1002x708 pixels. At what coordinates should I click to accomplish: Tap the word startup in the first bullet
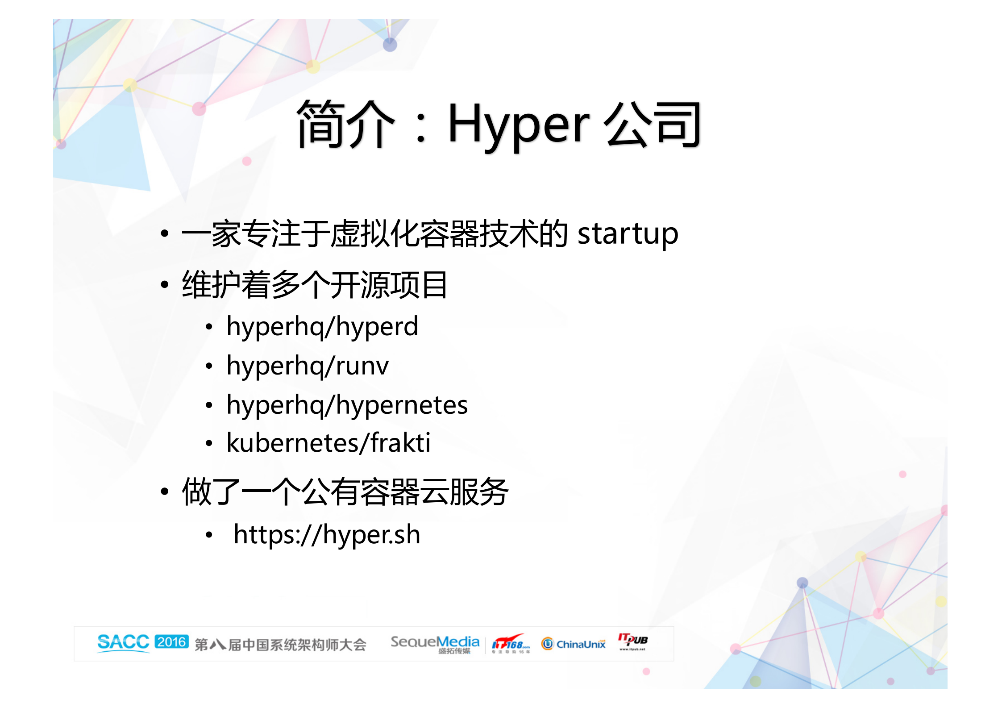point(628,234)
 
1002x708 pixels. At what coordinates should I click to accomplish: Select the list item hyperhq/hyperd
point(322,327)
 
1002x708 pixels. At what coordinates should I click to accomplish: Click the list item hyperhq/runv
point(308,366)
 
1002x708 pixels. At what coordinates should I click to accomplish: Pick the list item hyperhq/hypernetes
point(347,405)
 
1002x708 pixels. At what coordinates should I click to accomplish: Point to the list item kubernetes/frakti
point(328,443)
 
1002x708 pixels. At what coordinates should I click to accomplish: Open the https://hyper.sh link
point(327,535)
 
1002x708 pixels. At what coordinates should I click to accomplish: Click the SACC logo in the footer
point(123,643)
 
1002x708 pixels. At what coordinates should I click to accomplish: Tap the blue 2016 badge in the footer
point(172,642)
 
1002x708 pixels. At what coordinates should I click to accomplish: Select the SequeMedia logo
point(435,644)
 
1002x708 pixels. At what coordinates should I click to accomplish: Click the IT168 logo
point(511,644)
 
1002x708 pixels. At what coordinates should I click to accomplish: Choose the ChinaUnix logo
point(574,644)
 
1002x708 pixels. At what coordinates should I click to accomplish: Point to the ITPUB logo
point(633,641)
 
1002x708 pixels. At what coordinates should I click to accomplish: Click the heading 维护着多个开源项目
point(315,285)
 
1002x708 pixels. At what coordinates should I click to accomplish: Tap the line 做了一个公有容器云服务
point(345,492)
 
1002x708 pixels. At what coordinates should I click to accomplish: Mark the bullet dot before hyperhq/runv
point(209,366)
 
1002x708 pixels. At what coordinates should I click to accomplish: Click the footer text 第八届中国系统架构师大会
point(280,645)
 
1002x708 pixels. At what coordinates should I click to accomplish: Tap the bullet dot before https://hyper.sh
point(209,535)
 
